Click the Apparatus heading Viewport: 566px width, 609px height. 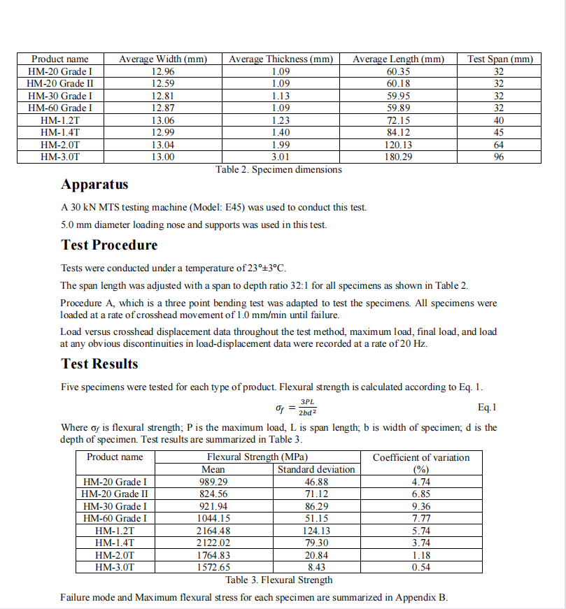pyautogui.click(x=94, y=185)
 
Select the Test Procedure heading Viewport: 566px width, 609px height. pyautogui.click(x=109, y=245)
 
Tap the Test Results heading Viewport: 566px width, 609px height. pyautogui.click(x=99, y=364)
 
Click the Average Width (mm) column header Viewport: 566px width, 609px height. pyautogui.click(x=163, y=59)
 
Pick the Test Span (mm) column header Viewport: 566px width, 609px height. pyautogui.click(x=500, y=59)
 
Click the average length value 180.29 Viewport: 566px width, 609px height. pyautogui.click(x=398, y=157)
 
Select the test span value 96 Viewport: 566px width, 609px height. pyautogui.click(x=499, y=157)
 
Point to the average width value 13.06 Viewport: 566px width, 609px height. pyautogui.click(x=163, y=120)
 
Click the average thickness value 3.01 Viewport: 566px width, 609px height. pyautogui.click(x=281, y=157)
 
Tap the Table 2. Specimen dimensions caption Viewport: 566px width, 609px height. pyautogui.click(x=279, y=169)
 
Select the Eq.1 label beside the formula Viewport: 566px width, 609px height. pyautogui.click(x=487, y=407)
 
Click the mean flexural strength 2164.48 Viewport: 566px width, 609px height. pyautogui.click(x=213, y=531)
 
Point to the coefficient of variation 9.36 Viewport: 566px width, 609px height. pyautogui.click(x=421, y=506)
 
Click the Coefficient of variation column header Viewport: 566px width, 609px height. pyautogui.click(x=421, y=457)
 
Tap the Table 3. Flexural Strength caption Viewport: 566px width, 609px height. pyautogui.click(x=279, y=580)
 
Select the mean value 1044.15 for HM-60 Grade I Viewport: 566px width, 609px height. pyautogui.click(x=213, y=518)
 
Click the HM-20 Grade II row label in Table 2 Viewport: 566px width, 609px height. pyautogui.click(x=59, y=84)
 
